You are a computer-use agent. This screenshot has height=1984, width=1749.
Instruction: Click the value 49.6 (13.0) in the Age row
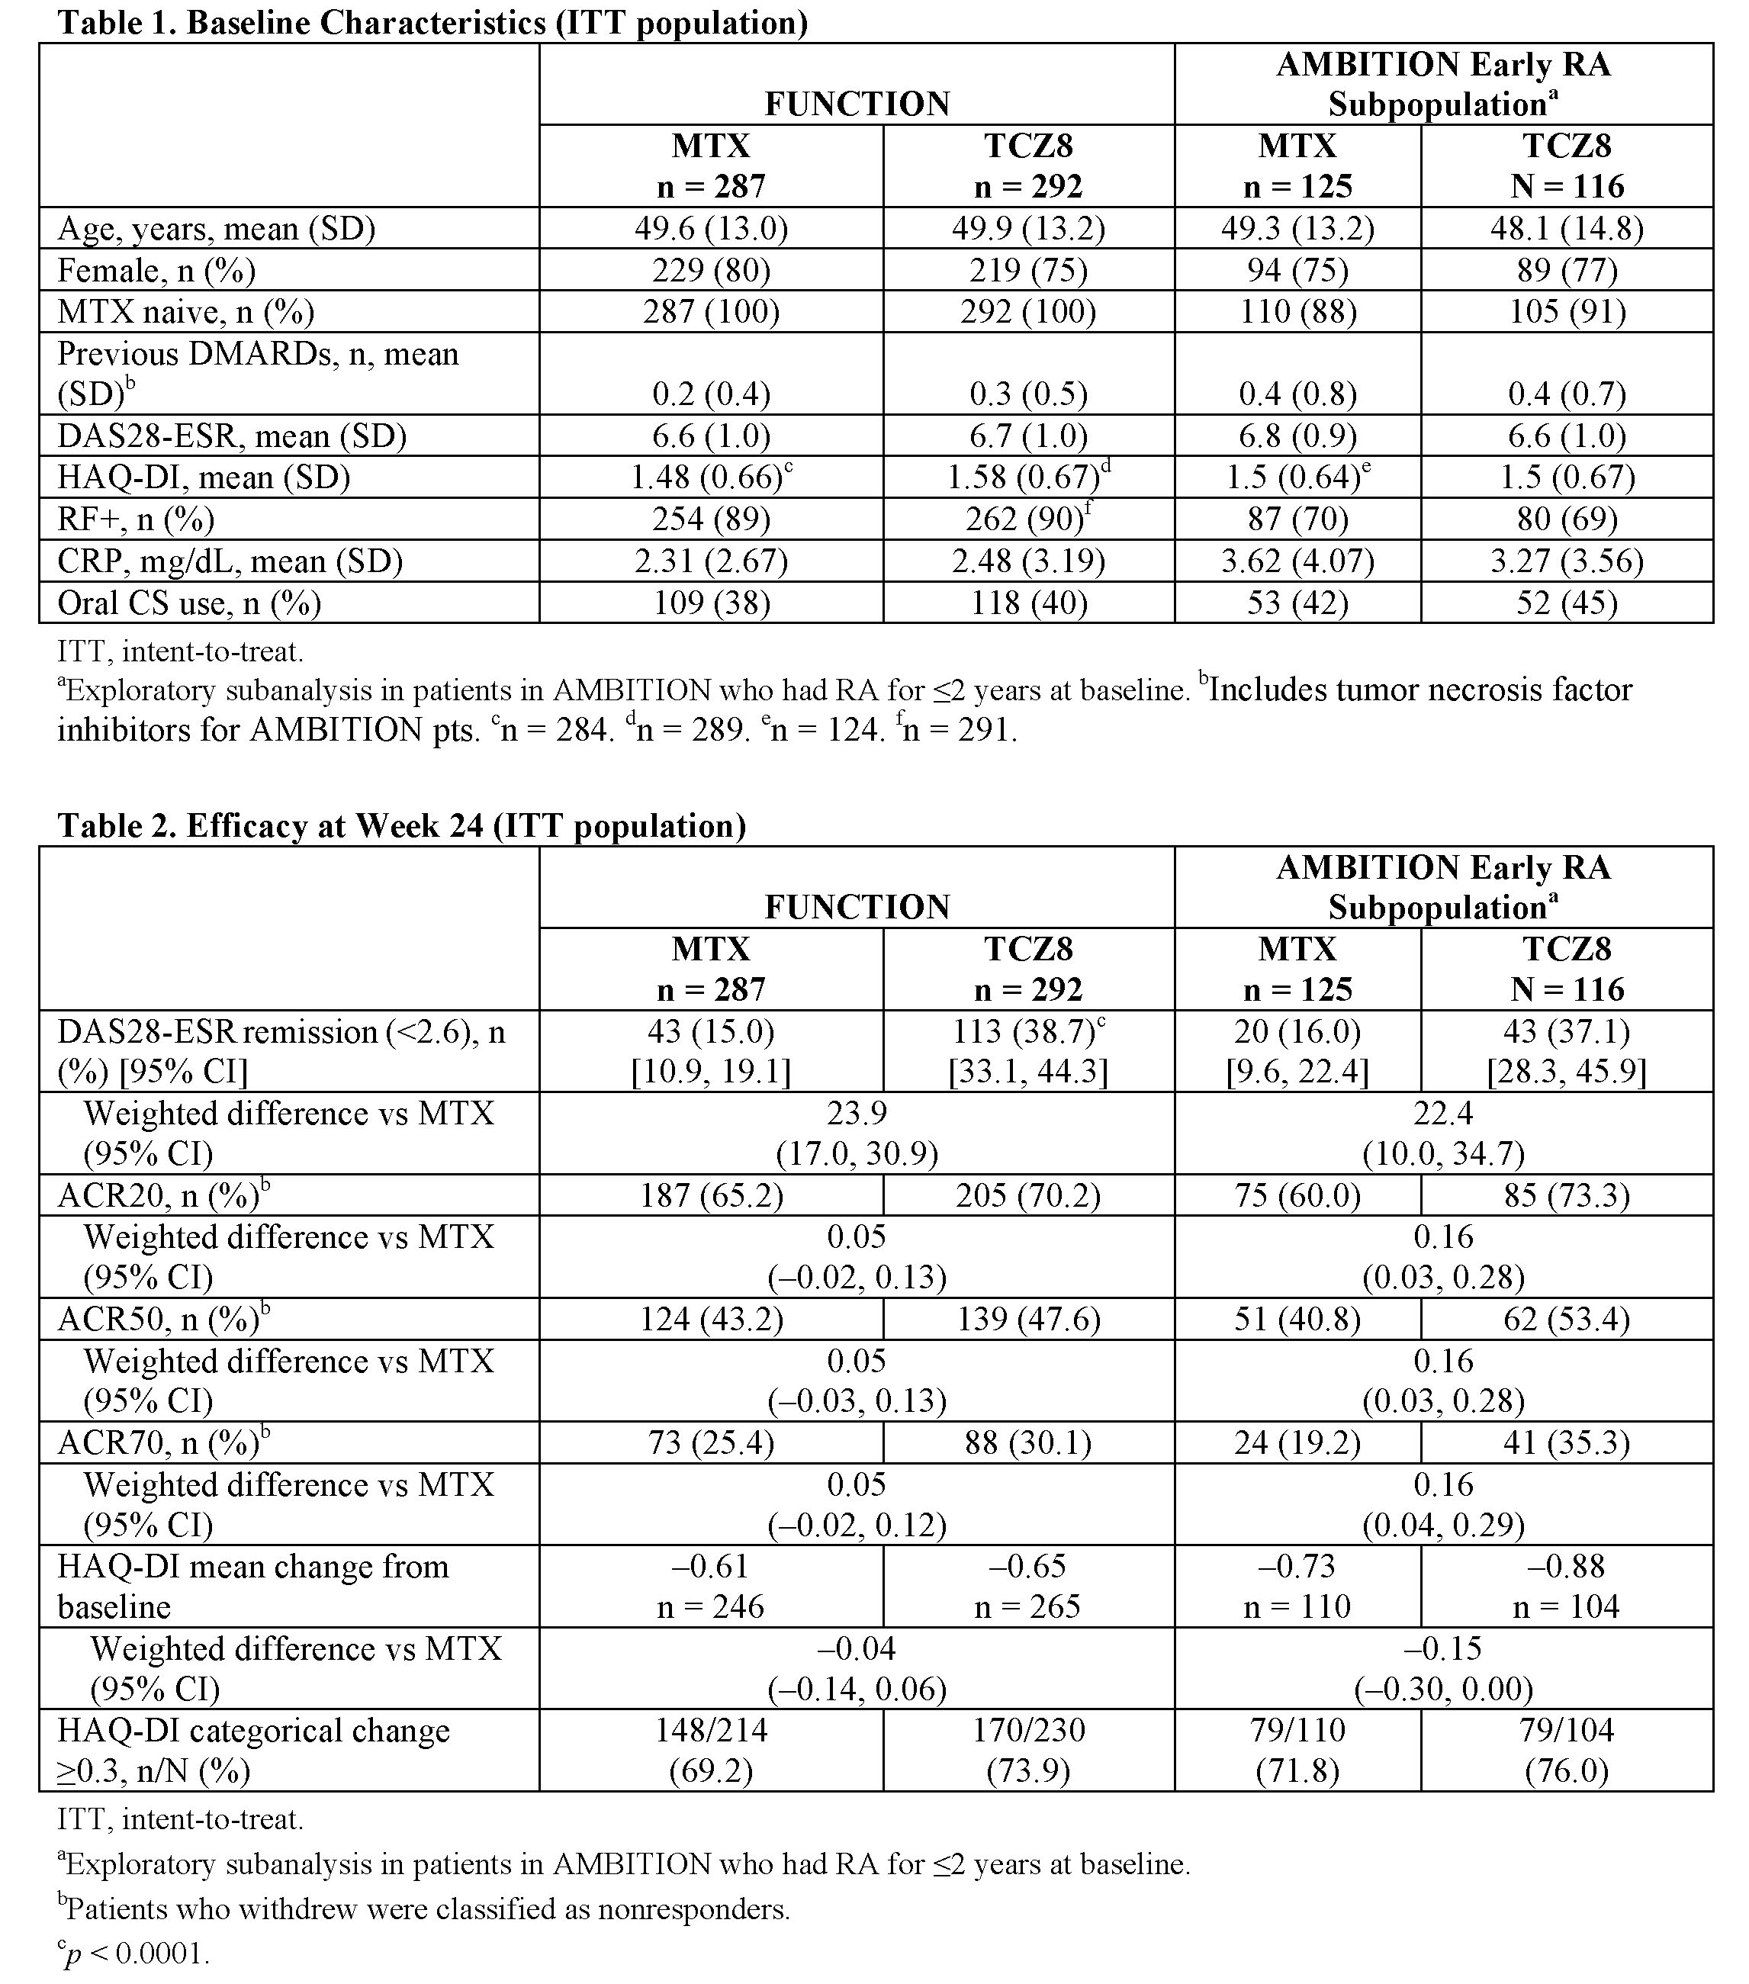(712, 228)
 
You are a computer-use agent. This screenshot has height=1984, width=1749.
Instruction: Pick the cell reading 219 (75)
(1029, 270)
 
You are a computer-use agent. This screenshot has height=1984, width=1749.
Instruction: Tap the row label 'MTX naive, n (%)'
(185, 311)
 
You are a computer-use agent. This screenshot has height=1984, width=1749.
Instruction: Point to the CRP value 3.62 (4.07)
(1297, 561)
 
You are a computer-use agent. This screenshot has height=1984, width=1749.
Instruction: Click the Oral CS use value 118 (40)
(1029, 603)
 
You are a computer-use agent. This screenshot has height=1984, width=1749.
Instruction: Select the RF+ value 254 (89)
(712, 519)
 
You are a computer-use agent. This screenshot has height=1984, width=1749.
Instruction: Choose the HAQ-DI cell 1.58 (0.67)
(1023, 478)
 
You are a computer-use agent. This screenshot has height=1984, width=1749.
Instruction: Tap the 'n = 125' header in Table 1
(1297, 185)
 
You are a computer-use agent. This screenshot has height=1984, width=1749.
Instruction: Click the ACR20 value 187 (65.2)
(712, 1195)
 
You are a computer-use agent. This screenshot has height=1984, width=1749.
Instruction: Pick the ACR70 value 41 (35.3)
(1567, 1443)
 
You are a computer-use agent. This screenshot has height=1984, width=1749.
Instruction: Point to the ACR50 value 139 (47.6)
(1029, 1319)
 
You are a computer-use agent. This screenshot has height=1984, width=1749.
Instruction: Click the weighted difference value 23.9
(857, 1112)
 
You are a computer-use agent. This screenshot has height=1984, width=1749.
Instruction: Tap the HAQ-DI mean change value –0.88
(1567, 1566)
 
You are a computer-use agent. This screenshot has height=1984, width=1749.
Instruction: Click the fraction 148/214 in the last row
(712, 1730)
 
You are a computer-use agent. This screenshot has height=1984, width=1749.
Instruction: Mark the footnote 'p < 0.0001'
(136, 1954)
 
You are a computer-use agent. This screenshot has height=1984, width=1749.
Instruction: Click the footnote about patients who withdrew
(424, 1909)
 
